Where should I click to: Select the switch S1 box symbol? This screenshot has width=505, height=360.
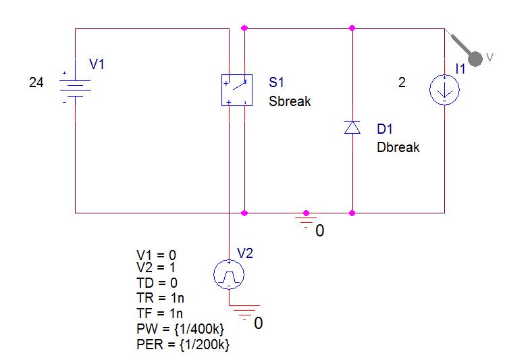pos(236,90)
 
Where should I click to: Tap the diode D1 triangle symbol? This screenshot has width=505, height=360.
pos(352,127)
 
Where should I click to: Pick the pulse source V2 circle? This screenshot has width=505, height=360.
pos(228,274)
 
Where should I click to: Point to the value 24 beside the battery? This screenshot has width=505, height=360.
pos(36,83)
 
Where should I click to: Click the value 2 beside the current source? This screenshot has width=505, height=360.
pos(402,83)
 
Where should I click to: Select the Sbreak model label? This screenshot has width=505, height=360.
pos(290,102)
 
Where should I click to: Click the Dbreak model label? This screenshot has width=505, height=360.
pos(398,147)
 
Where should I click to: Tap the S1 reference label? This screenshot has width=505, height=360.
pos(276,83)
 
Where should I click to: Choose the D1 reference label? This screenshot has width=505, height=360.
pos(385,129)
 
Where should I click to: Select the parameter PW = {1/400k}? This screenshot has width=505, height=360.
pos(180,328)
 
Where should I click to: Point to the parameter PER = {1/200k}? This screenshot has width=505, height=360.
pos(182,344)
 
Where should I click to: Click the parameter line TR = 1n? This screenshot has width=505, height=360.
pos(159,298)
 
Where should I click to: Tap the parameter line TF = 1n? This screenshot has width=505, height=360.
pos(159,313)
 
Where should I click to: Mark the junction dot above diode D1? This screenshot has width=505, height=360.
pos(352,28)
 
